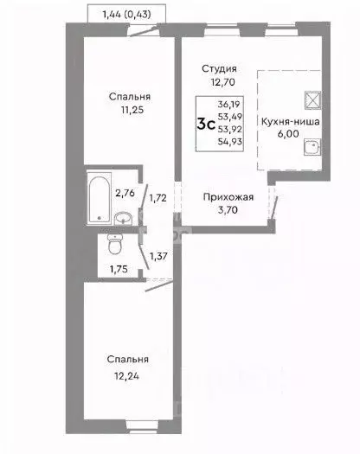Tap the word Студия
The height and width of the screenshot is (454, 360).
coord(220,68)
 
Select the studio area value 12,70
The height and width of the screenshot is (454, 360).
coord(220,84)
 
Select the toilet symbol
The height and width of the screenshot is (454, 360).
coord(112,246)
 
